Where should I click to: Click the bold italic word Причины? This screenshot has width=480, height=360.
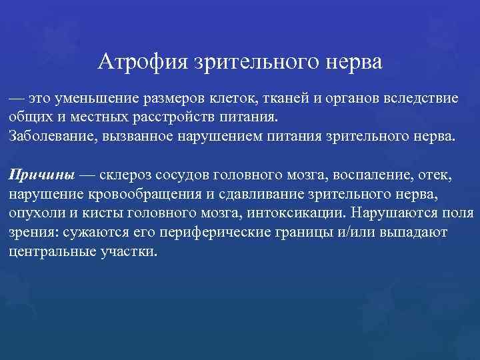pyautogui.click(x=41, y=175)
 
